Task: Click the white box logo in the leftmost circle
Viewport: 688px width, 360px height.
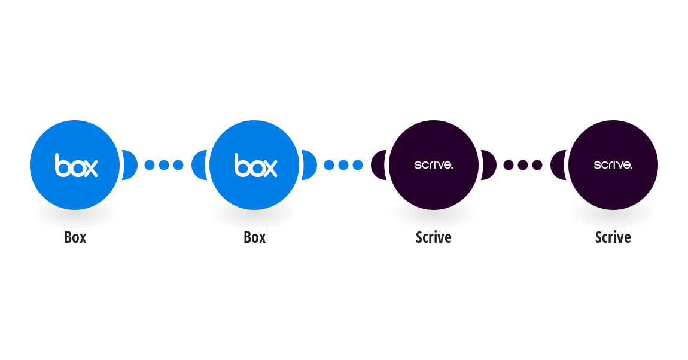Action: tap(77, 165)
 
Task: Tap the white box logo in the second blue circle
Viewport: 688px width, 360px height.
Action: tap(256, 165)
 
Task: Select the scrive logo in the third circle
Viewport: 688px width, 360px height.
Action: tap(434, 165)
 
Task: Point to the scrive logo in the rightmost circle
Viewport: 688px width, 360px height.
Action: tap(613, 165)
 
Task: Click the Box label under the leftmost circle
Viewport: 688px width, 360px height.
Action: tap(75, 237)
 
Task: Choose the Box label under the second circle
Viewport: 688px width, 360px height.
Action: tap(254, 237)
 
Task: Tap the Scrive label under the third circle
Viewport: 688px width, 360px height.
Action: tap(434, 237)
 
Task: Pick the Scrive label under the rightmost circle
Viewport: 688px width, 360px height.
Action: tap(613, 237)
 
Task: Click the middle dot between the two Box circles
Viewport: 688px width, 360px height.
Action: tap(164, 165)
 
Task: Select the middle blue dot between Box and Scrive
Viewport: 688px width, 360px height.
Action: tap(343, 165)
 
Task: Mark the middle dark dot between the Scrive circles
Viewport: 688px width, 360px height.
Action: tap(523, 165)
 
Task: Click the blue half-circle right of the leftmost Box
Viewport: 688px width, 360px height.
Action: tap(130, 165)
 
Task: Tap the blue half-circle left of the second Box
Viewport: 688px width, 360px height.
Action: tap(199, 165)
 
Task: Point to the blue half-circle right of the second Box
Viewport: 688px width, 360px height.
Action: tap(309, 165)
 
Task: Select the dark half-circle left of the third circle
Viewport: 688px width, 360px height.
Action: tap(378, 165)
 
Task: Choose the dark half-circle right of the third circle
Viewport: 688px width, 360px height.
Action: tap(489, 165)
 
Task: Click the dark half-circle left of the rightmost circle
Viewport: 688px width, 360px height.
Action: tap(558, 165)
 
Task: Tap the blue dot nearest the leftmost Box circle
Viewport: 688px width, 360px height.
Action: tap(150, 165)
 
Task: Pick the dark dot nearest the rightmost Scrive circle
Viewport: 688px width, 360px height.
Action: tap(537, 165)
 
